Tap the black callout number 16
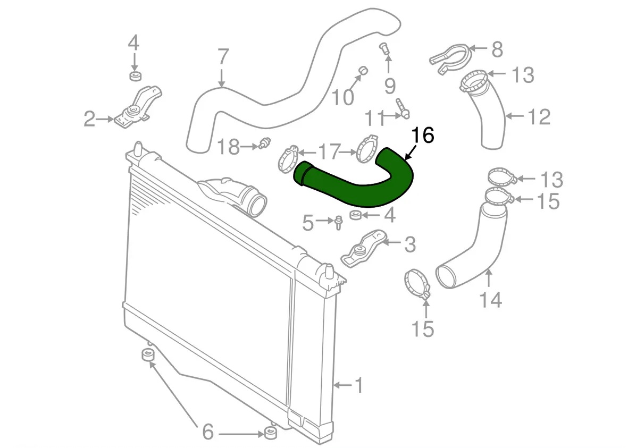pyautogui.click(x=423, y=136)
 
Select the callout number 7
pyautogui.click(x=223, y=57)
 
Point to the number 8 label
pyautogui.click(x=497, y=49)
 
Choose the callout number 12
pyautogui.click(x=539, y=117)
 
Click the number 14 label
pyautogui.click(x=490, y=300)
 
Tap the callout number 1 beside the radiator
pyautogui.click(x=358, y=385)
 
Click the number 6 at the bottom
pyautogui.click(x=208, y=432)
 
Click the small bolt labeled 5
pyautogui.click(x=338, y=222)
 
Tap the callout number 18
pyautogui.click(x=229, y=147)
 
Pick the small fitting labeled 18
pyautogui.click(x=264, y=143)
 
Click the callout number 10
pyautogui.click(x=343, y=97)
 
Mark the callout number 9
pyautogui.click(x=390, y=86)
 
